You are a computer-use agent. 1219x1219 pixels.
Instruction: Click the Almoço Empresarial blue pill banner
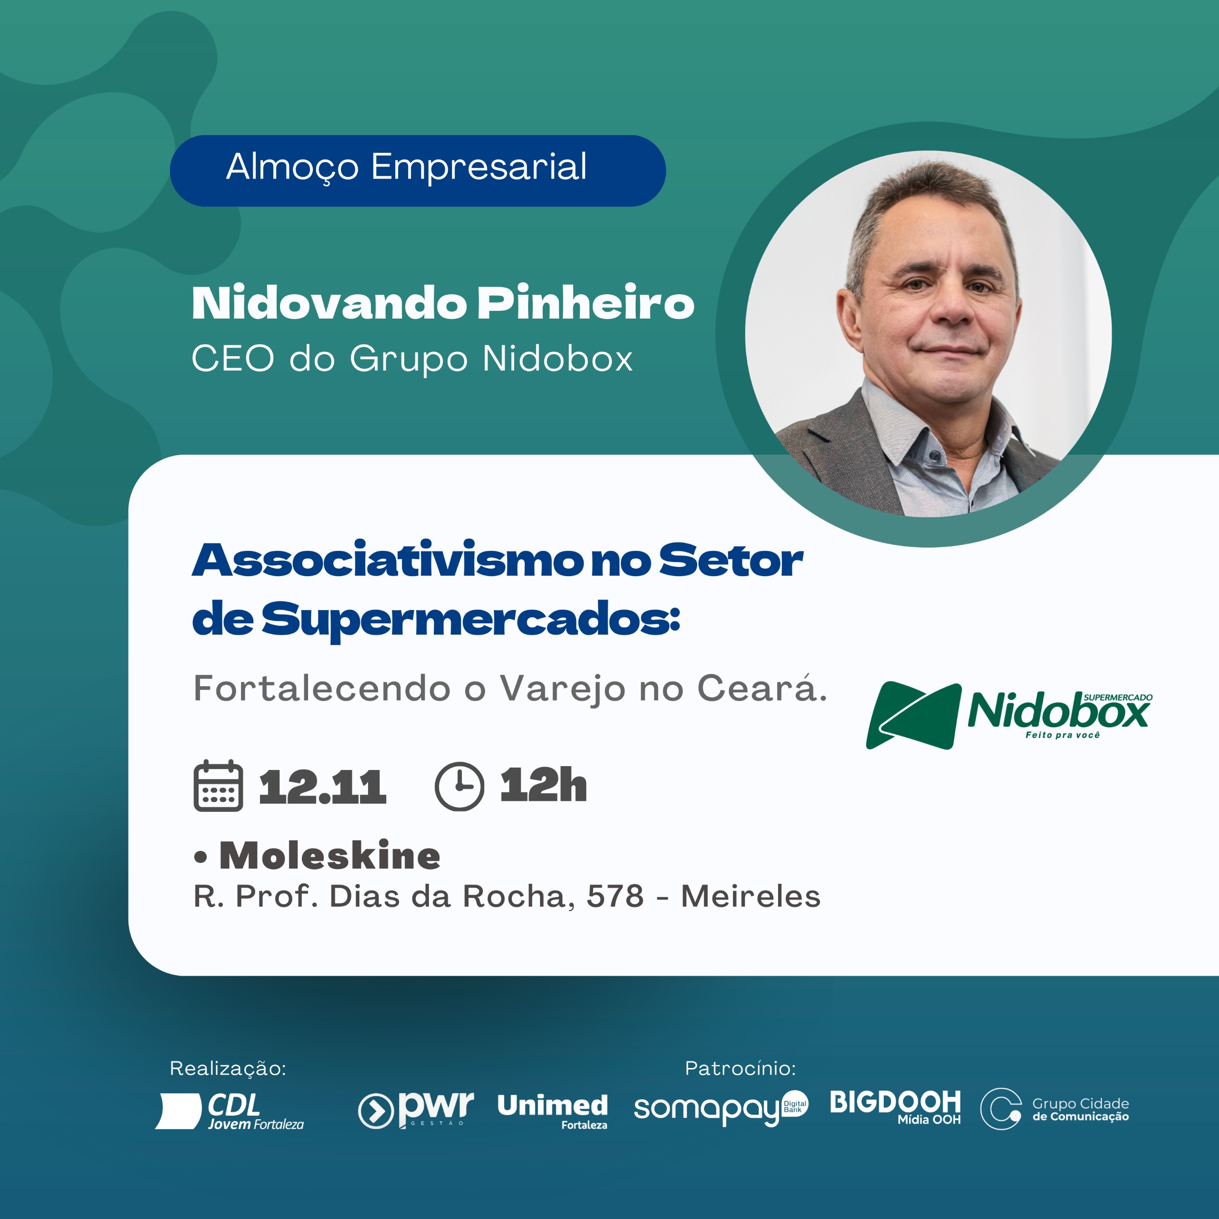418,170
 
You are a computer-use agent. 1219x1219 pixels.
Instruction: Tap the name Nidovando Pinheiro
443,303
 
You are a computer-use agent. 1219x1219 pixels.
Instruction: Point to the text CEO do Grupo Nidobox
412,359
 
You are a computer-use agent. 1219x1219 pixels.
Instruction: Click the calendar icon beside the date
218,786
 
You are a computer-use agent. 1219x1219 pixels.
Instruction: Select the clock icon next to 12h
460,786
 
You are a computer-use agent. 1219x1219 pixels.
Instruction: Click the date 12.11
322,787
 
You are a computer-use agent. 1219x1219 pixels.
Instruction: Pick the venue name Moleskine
330,856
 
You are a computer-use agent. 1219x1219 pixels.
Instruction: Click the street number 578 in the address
615,896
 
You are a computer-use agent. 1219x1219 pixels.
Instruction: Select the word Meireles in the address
751,896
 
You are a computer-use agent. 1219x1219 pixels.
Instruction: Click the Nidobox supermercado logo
1009,715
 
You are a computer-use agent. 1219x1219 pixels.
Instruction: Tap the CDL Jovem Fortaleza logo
230,1111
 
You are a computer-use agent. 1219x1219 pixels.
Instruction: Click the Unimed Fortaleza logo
553,1111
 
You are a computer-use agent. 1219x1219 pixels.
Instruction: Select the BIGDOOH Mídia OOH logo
895,1107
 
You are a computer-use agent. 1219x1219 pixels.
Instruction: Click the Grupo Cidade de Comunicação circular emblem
1001,1109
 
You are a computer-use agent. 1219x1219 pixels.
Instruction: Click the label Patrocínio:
740,1068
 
